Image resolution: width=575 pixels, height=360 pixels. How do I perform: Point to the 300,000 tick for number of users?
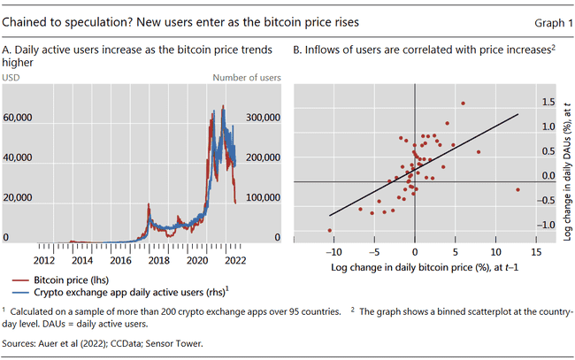[262, 117]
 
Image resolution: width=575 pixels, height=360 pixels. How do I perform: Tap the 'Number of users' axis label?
[247, 78]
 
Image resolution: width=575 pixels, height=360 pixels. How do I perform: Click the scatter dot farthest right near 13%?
[517, 189]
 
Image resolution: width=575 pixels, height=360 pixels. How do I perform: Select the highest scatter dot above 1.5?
[463, 104]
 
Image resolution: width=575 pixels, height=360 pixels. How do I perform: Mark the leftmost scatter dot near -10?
[330, 231]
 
